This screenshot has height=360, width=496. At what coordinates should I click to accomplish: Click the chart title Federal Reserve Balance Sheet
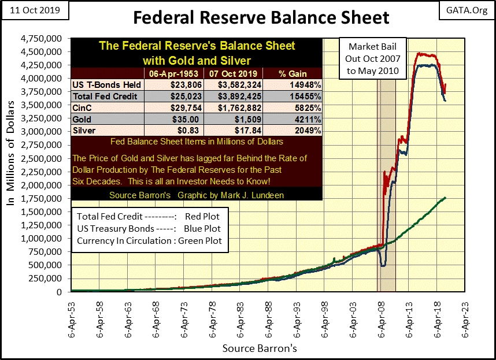(261, 17)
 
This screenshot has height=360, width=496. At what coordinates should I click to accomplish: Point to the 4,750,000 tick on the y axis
(46, 39)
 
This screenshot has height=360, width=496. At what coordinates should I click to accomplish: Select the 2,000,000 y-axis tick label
(46, 185)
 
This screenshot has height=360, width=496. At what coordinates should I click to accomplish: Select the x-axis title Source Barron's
(259, 348)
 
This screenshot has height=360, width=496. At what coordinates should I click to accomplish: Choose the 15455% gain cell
(294, 95)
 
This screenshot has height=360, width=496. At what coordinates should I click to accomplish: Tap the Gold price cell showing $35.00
(172, 119)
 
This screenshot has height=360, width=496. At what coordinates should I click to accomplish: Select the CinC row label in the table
(82, 107)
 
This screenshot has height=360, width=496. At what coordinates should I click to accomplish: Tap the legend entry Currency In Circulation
(149, 241)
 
